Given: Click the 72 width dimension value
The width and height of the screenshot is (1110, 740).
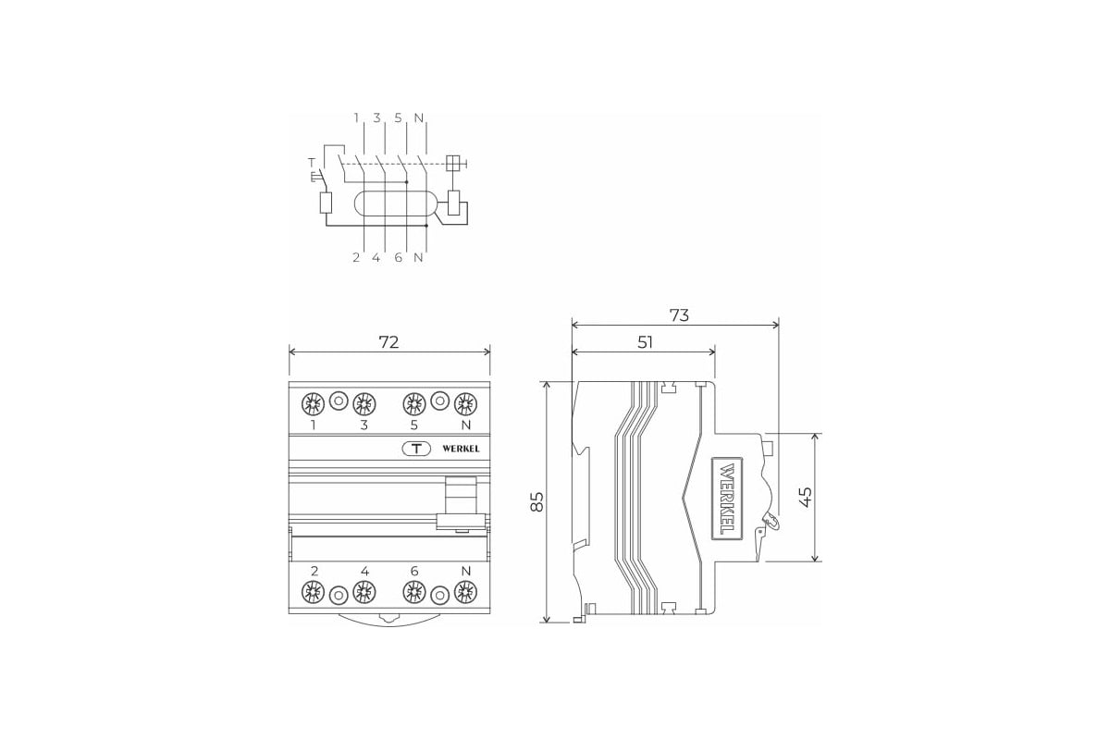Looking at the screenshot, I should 388,342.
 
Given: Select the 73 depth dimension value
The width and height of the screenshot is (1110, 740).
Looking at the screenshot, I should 679,315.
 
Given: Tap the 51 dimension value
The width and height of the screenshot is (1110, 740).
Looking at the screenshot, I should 645,342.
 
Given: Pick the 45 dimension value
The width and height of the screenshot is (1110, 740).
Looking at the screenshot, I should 805,497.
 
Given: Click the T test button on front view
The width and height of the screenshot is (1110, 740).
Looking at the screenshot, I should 416,449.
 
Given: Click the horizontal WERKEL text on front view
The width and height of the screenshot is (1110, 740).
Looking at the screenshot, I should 461,449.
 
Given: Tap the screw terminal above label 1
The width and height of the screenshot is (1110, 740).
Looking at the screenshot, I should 314,402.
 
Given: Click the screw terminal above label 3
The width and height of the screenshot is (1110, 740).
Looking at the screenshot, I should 364,402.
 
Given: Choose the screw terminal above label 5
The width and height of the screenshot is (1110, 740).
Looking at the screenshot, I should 413,402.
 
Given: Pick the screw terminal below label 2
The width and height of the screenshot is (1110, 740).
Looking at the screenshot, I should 314,593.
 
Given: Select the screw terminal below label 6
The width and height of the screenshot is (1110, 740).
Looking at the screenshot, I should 413,593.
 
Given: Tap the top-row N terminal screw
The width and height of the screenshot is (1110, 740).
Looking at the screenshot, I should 465,402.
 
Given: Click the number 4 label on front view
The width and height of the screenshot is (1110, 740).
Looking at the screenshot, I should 364,572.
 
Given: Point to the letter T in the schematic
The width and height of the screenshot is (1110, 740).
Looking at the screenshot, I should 311,163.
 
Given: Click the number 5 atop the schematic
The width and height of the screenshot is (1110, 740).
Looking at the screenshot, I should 398,118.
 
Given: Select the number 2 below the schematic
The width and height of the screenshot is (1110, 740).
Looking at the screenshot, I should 355,258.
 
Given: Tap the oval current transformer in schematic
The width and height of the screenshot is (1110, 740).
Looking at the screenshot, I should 394,203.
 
